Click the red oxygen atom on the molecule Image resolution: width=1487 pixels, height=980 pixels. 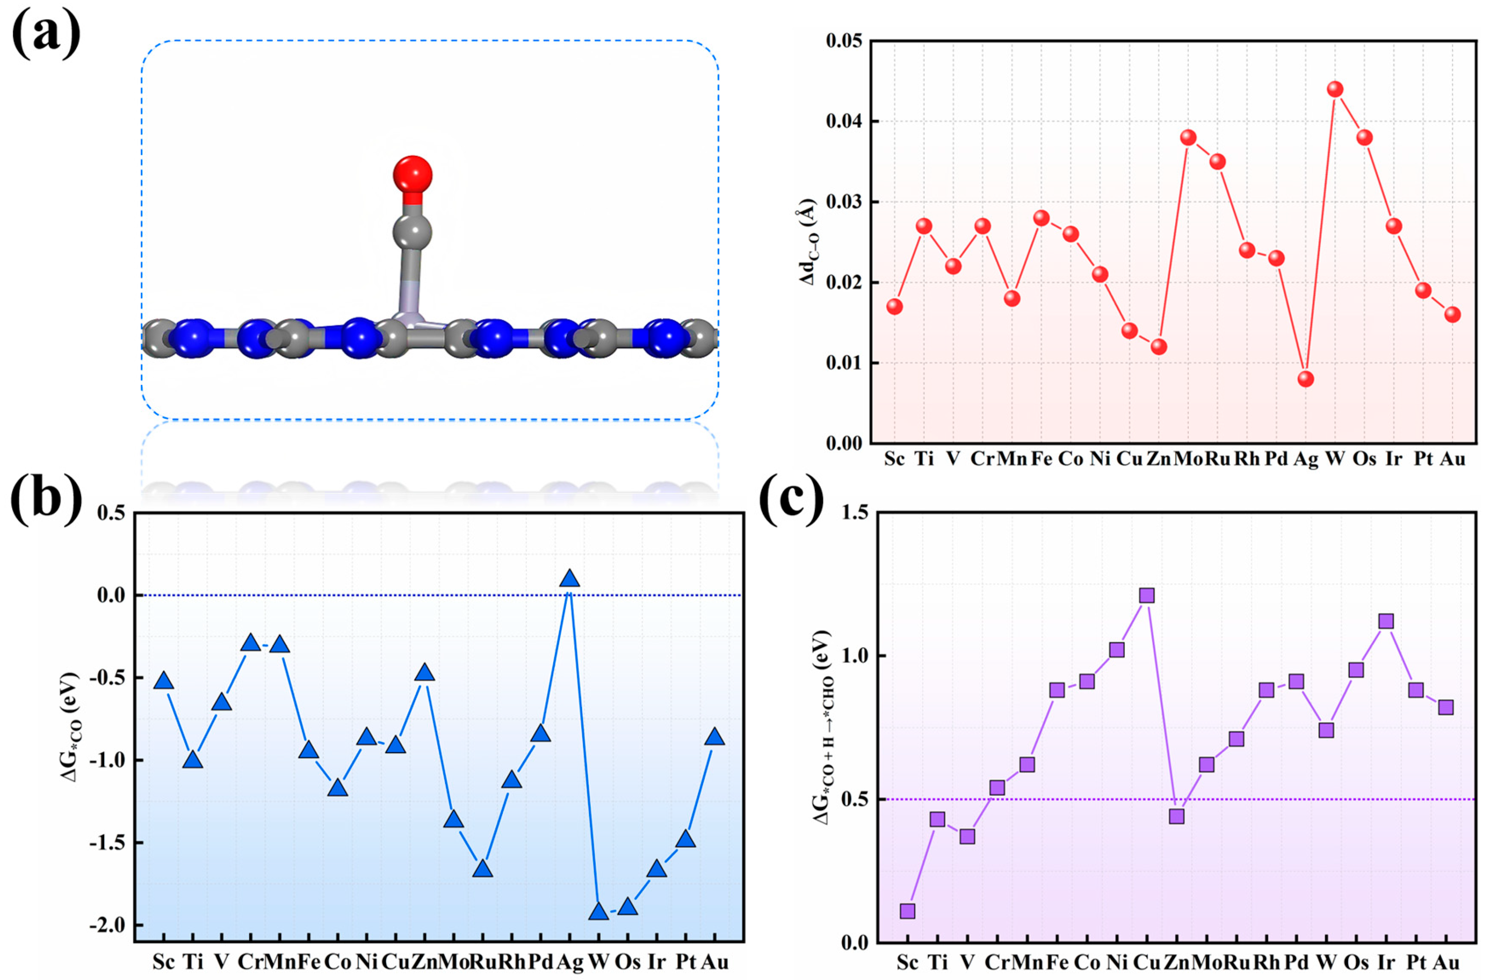pos(412,174)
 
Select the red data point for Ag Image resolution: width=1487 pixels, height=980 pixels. pos(1305,379)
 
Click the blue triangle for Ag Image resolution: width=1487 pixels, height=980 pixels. pos(569,579)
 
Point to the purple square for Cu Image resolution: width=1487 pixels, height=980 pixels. pos(1147,595)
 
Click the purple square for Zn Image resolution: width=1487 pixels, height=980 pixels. pos(1176,816)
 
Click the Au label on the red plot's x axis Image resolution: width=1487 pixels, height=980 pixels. pos(1452,459)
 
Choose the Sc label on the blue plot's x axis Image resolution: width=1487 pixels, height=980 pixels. pos(163,961)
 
